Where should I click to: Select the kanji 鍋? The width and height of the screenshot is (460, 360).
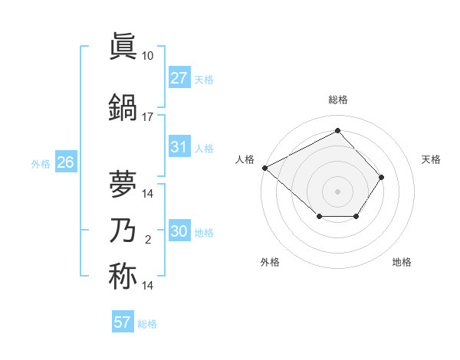[x=123, y=108]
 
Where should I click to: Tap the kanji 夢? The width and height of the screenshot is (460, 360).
[x=123, y=184]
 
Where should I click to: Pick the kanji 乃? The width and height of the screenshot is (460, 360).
[x=123, y=231]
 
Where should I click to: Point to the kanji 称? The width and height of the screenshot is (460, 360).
[x=123, y=276]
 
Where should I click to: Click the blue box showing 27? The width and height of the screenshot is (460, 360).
[x=179, y=78]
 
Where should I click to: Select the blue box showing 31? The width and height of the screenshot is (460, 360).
[x=179, y=147]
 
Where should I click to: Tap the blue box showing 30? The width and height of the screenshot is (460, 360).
[x=179, y=231]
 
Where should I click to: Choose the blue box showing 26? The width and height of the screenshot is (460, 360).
[x=65, y=162]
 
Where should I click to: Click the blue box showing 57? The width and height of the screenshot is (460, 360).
[x=123, y=322]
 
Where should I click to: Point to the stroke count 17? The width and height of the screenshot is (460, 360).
[x=148, y=117]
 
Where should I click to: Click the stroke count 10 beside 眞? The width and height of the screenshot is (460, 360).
[x=148, y=56]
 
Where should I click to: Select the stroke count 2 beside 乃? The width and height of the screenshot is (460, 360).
[x=148, y=240]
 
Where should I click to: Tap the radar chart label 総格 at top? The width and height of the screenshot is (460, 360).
[x=337, y=100]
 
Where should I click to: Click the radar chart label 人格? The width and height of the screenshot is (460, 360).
[x=245, y=159]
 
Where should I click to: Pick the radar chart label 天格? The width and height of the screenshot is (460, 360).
[x=432, y=159]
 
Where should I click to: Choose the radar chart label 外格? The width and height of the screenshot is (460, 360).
[x=270, y=262]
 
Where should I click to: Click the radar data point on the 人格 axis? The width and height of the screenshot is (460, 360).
[x=264, y=168]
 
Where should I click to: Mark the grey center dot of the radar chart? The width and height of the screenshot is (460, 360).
[x=337, y=191]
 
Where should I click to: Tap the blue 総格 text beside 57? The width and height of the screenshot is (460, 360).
[x=147, y=324]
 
